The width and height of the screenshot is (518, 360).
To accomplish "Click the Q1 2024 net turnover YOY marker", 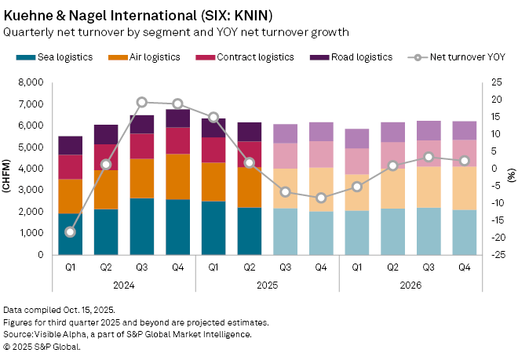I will [x=71, y=232].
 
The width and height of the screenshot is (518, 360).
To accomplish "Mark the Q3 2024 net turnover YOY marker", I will [x=142, y=102].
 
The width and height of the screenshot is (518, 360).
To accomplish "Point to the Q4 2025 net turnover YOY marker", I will [x=321, y=198].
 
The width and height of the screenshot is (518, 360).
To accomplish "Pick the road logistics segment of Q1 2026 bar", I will [x=357, y=139].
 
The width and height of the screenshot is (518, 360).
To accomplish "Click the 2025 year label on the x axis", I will [x=267, y=285].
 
